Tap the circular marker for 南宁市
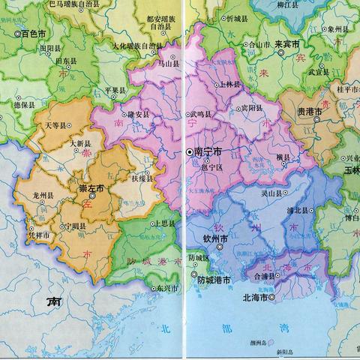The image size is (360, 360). (188, 152)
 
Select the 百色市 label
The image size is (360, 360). (34, 34)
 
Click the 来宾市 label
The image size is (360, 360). (288, 44)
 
